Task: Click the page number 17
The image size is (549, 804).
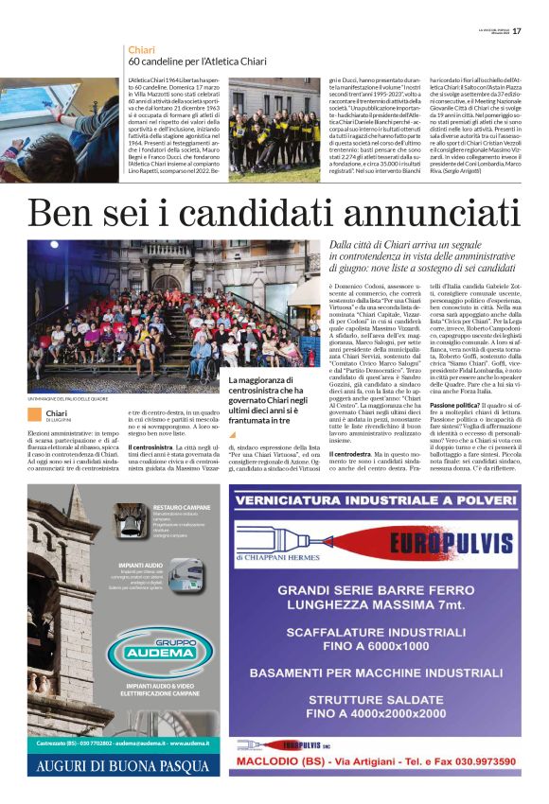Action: pyautogui.click(x=531, y=30)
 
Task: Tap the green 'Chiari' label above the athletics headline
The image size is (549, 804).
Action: pyautogui.click(x=142, y=48)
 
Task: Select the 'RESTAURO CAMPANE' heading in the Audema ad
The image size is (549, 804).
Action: pyautogui.click(x=180, y=508)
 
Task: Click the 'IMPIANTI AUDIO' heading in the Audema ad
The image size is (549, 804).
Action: pyautogui.click(x=139, y=564)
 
